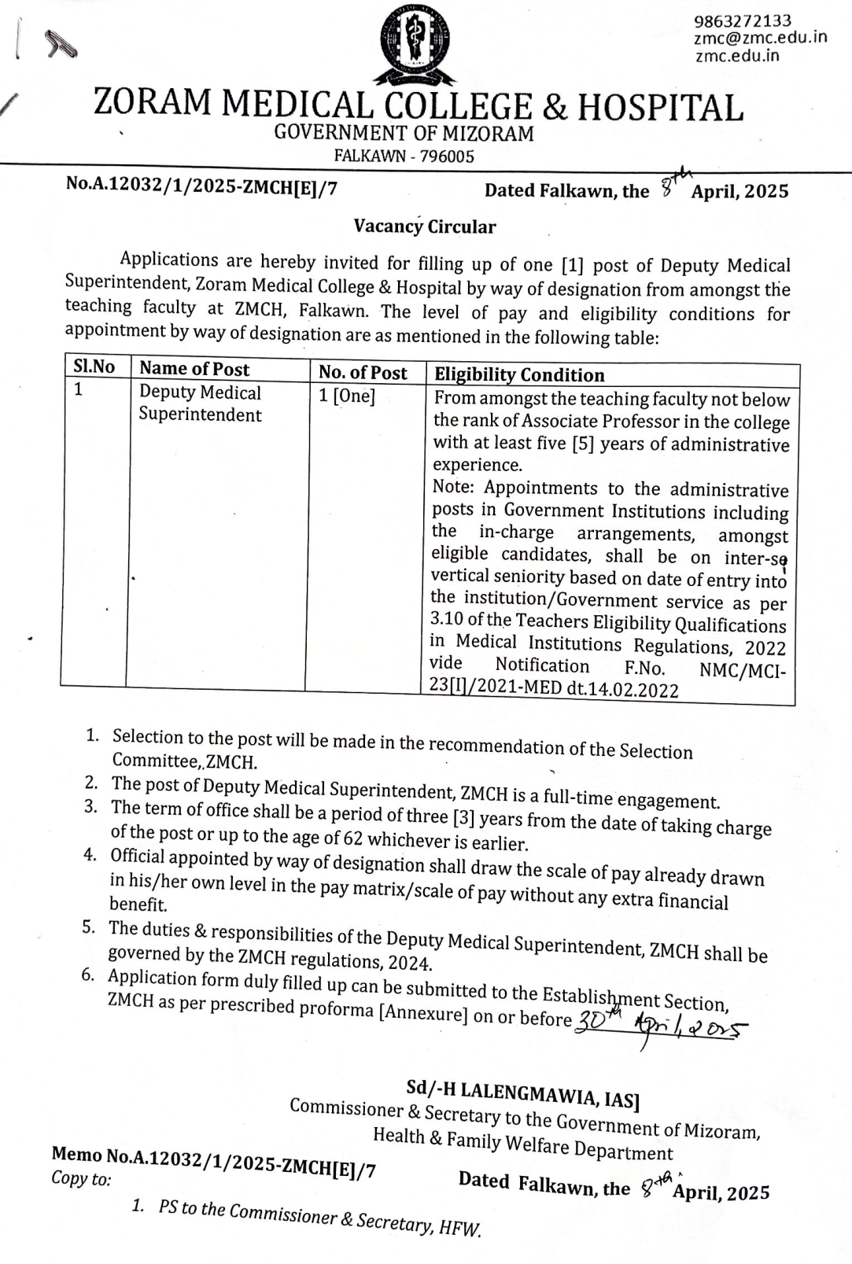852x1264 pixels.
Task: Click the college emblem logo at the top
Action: click(417, 43)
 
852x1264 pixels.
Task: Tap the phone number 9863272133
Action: click(743, 21)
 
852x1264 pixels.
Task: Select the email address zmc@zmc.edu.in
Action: click(760, 38)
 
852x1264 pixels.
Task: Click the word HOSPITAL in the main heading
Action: click(661, 108)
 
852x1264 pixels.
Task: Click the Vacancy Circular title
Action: click(425, 227)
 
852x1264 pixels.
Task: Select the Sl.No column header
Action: click(94, 367)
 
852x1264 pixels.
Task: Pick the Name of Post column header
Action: click(194, 369)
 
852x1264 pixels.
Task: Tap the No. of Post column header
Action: click(363, 372)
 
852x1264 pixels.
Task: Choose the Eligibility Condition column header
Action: click(519, 375)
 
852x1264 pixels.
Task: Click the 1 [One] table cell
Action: click(347, 396)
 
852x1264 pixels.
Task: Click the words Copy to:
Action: click(81, 1178)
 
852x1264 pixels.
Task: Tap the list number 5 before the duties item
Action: click(89, 927)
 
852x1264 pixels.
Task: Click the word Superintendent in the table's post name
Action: click(200, 415)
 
